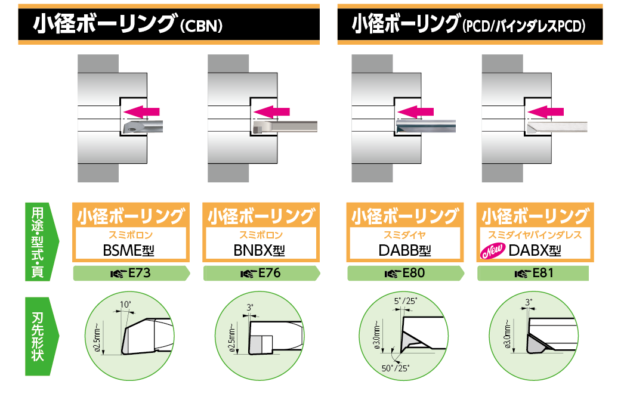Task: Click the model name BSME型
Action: pyautogui.click(x=128, y=250)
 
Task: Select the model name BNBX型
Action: pyautogui.click(x=260, y=250)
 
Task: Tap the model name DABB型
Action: pyautogui.click(x=404, y=250)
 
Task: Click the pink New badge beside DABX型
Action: pyautogui.click(x=493, y=251)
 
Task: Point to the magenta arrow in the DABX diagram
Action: pyautogui.click(x=546, y=111)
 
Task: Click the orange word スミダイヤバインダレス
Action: pyautogui.click(x=535, y=235)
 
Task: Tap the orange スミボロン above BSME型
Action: pyautogui.click(x=130, y=235)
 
